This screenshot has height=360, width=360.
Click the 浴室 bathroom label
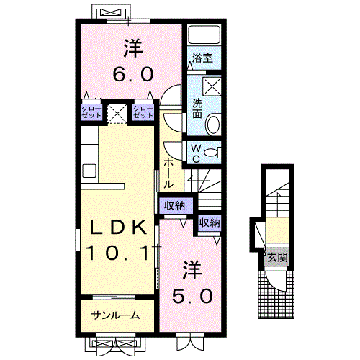coord(202,58)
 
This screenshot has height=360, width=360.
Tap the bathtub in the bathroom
coord(204,35)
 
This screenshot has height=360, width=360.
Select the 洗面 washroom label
coord(197,109)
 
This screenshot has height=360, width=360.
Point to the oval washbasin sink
coord(213,125)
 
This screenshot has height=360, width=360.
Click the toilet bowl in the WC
coord(211,153)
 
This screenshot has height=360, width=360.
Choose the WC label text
coord(196,153)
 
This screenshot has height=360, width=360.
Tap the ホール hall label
coord(168,174)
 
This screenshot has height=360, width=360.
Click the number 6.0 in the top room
coord(133,74)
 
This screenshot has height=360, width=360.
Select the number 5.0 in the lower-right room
coord(192,296)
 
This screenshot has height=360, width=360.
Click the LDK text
coord(118,228)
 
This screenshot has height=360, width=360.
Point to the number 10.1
coord(118,253)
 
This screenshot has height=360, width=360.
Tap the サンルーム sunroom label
coord(115,315)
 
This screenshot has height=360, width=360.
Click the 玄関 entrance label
coord(277,258)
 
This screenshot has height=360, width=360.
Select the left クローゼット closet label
coord(91,112)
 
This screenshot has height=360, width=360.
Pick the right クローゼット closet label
coord(143,112)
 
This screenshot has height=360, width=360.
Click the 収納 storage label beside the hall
coord(175,206)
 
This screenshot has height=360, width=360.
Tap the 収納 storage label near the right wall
coord(210,222)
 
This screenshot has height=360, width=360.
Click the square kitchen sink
coord(89,171)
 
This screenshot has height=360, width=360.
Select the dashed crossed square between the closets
coord(117,114)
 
